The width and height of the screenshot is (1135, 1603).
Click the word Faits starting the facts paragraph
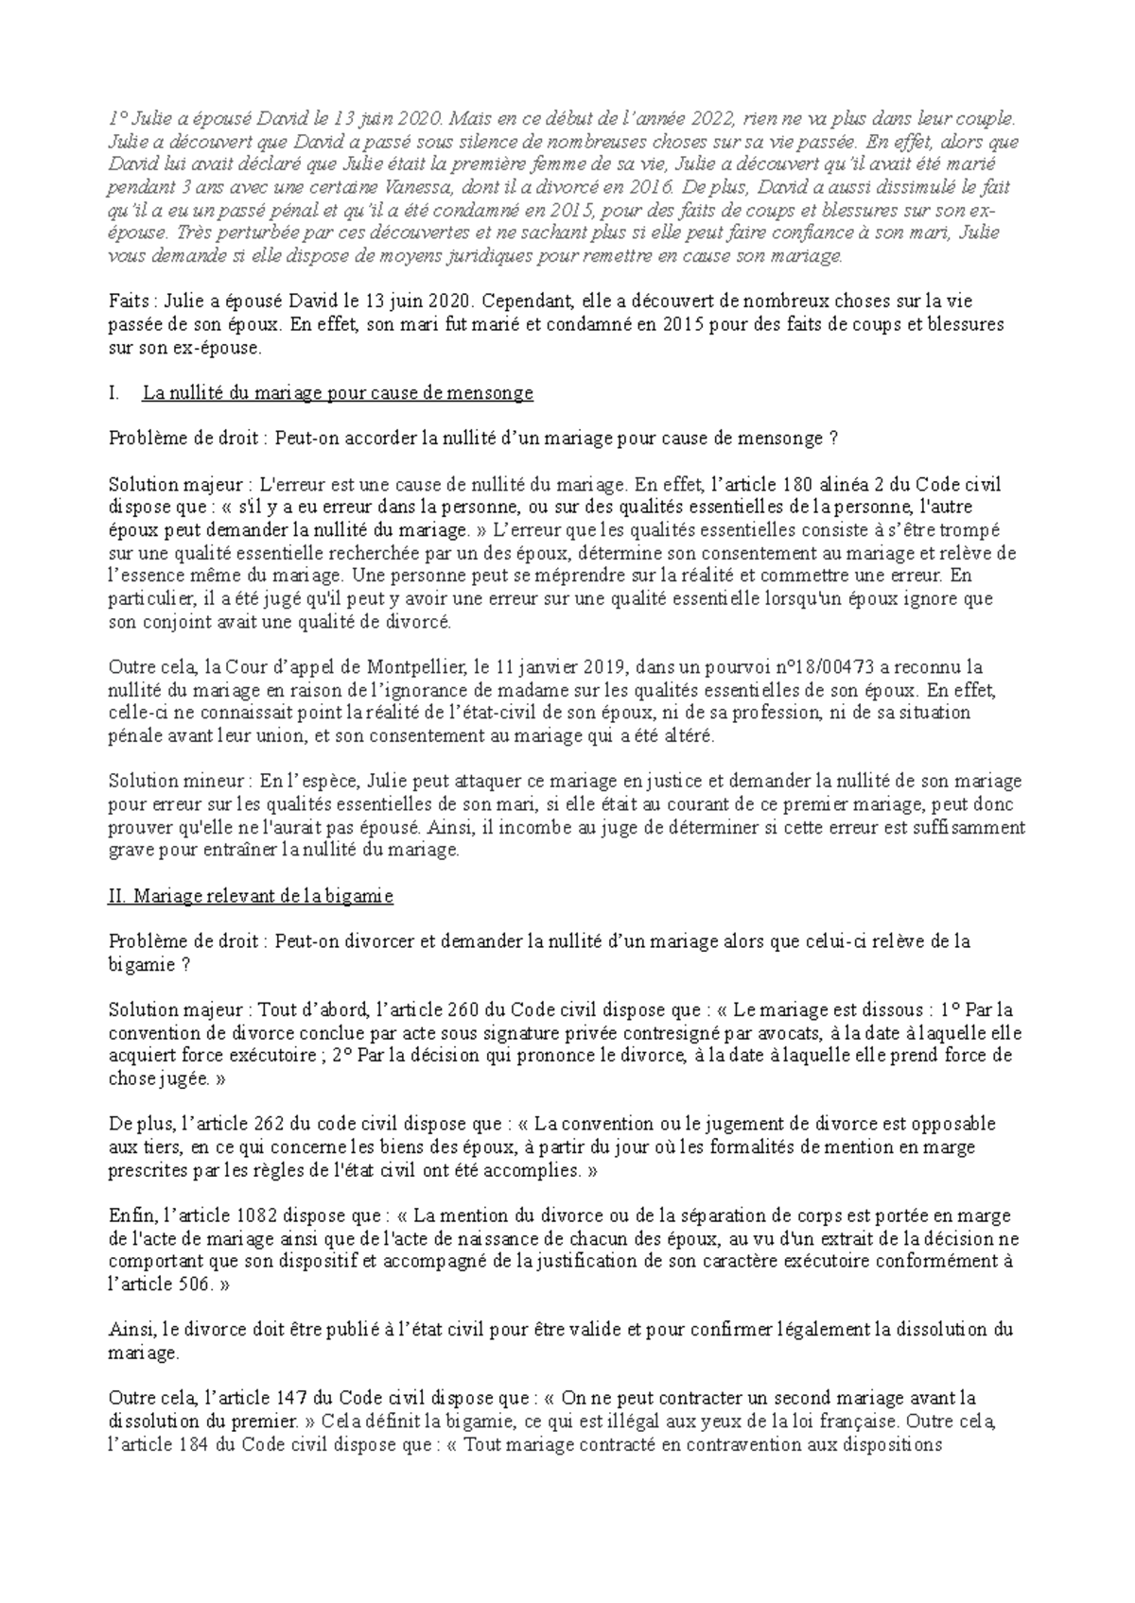(x=128, y=302)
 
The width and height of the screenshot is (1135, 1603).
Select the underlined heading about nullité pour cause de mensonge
(x=338, y=393)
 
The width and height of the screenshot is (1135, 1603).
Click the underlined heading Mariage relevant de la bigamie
(x=251, y=896)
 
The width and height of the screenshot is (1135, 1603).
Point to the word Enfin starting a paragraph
(x=129, y=1215)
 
